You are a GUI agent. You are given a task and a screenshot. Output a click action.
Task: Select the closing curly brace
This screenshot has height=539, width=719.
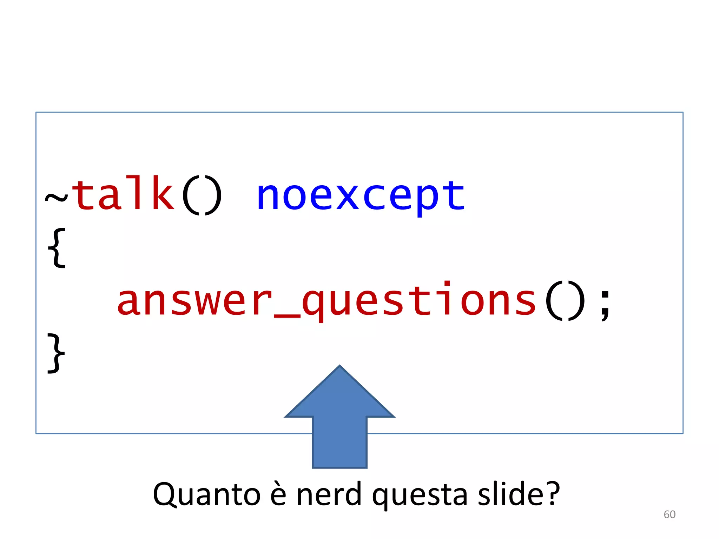coord(56,353)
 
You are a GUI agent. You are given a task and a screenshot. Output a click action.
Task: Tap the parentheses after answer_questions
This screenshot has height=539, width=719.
coord(565,301)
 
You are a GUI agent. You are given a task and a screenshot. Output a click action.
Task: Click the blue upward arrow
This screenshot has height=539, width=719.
coord(339,421)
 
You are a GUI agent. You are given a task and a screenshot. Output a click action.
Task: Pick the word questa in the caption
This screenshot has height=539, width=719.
coord(420,495)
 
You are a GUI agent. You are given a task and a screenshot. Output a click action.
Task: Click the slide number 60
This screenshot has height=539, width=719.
coord(669,514)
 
